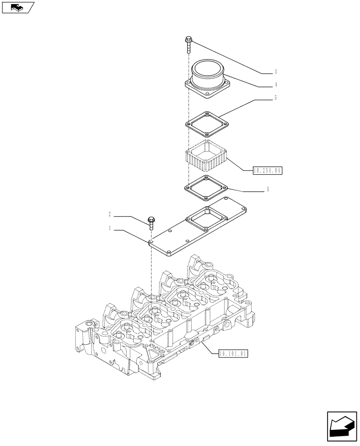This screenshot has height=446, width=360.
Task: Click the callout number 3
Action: pos(276,71)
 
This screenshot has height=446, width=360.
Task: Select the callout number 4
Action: pos(276,84)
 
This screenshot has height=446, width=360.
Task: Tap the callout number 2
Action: pos(109,215)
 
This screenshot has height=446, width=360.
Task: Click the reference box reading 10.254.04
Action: pos(268,170)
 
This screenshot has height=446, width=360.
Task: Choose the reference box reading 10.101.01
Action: pos(233,354)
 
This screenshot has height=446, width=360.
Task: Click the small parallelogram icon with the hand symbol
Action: pos(18,8)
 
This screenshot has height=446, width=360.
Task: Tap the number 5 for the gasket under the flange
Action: pos(276,98)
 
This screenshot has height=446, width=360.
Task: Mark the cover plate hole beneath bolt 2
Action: pos(151,241)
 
